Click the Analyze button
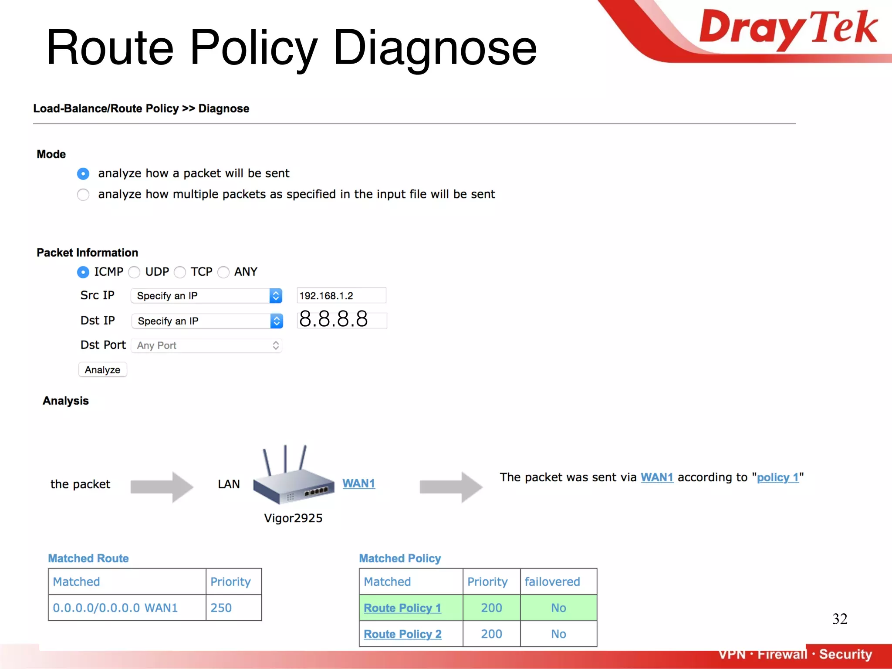(x=102, y=370)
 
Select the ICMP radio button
(x=83, y=272)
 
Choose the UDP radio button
(x=134, y=272)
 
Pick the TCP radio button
(x=180, y=272)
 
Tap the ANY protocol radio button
(x=223, y=272)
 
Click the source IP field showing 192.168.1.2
(x=341, y=296)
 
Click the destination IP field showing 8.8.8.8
(x=342, y=320)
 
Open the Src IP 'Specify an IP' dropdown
(x=206, y=296)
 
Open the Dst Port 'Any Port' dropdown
(x=206, y=345)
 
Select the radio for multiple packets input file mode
(x=83, y=194)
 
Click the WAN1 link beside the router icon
(x=358, y=483)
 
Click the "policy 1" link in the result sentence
(x=778, y=477)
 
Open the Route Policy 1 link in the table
(x=402, y=608)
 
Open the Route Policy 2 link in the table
(x=402, y=634)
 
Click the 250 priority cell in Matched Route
(x=233, y=608)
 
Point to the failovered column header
(x=552, y=581)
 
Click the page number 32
(x=840, y=618)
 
